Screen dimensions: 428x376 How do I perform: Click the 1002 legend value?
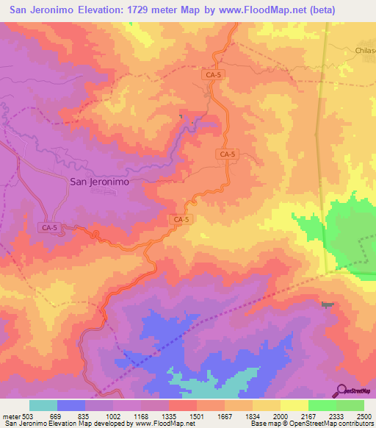coord(114,416)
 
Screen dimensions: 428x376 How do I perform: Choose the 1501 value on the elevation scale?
coord(198,416)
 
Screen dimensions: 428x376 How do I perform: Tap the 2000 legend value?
coord(281,416)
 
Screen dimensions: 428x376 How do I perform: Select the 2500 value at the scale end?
coord(364,416)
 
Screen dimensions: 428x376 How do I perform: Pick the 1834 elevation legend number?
coord(253,416)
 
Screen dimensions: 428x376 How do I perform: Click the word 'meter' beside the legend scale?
coord(11,416)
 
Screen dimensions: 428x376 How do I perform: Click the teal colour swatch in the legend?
coord(43,405)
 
